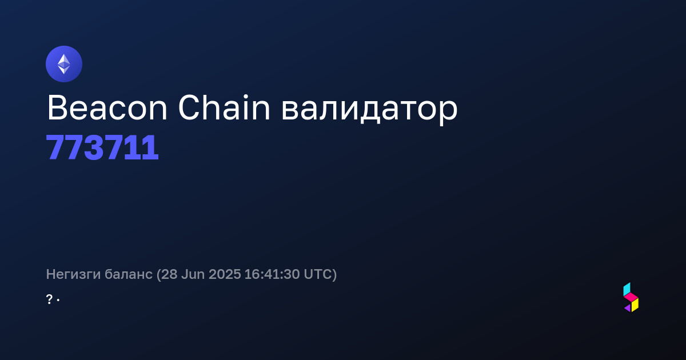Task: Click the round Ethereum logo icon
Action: [x=64, y=64]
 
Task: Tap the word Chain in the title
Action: [x=224, y=107]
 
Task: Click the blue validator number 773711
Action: [x=102, y=147]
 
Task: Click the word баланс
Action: [x=128, y=274]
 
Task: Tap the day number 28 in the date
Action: [x=169, y=274]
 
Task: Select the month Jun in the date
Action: [x=193, y=274]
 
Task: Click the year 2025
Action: [x=225, y=274]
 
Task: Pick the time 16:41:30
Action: [x=272, y=274]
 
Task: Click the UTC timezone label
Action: [x=318, y=274]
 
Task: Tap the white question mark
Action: [x=49, y=299]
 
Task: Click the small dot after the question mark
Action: [x=58, y=300]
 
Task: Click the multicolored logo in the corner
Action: [x=631, y=297]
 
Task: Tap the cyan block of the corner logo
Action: [x=627, y=289]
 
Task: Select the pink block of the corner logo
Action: [x=631, y=297]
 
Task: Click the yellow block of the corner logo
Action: [x=635, y=305]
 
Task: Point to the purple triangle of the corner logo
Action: [x=628, y=308]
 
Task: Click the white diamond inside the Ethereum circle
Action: [x=64, y=64]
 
